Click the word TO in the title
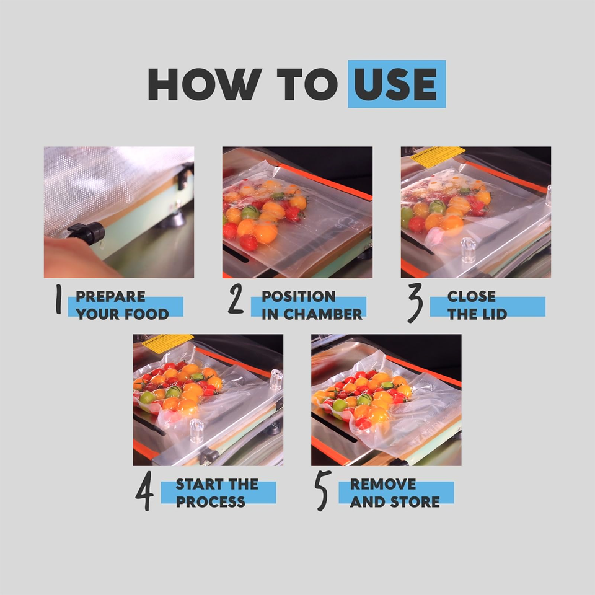click(307, 84)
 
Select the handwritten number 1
click(58, 299)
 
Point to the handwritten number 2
click(236, 299)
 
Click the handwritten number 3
click(415, 302)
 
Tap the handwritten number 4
click(145, 491)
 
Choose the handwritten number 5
click(323, 491)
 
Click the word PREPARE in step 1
click(110, 296)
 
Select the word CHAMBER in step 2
click(322, 314)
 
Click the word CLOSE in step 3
click(471, 296)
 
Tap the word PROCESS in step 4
click(211, 501)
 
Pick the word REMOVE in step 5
click(383, 484)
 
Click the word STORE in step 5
click(415, 501)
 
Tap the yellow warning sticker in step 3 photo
click(438, 156)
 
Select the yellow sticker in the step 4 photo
click(168, 343)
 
